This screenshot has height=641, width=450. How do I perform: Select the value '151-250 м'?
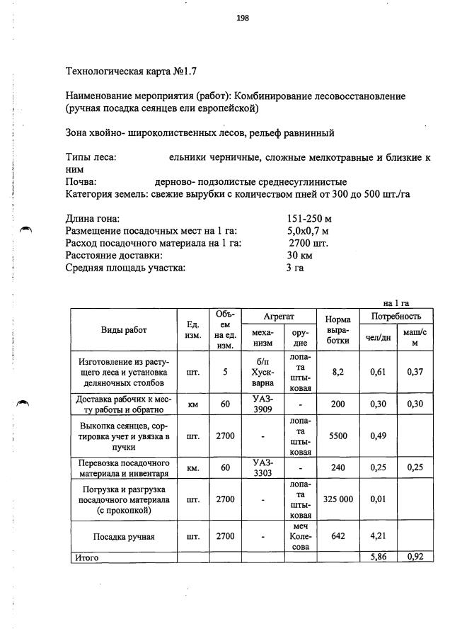309,218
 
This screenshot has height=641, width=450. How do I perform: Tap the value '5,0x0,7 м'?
308,230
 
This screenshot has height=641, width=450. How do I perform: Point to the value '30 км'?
300,255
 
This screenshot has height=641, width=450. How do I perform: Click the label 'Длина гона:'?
93,218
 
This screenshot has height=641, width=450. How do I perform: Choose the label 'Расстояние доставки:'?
114,255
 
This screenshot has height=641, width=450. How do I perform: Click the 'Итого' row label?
87,558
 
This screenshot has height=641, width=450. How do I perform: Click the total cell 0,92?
415,558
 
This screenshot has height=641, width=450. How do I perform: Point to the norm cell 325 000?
337,499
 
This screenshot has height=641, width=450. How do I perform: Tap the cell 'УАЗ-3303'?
262,467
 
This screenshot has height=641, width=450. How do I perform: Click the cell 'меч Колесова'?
301,537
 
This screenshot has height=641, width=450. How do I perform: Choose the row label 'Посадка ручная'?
124,537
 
